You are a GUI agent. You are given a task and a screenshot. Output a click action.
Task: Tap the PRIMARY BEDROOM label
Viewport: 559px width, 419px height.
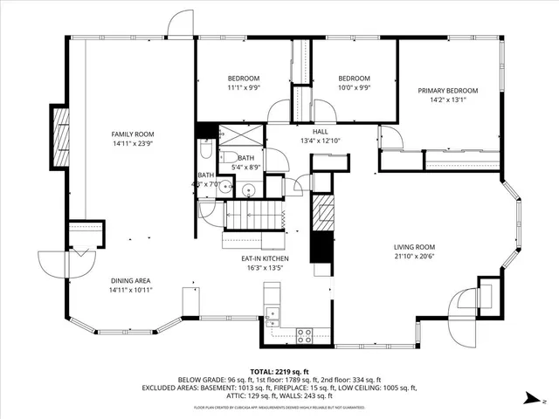pos(448,91)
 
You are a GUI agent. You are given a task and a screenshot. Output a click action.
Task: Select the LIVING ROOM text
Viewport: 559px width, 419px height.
pos(413,247)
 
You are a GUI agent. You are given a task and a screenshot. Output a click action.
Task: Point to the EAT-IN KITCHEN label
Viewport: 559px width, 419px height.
pos(266,259)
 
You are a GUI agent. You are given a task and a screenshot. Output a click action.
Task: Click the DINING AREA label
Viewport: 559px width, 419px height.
pos(131,280)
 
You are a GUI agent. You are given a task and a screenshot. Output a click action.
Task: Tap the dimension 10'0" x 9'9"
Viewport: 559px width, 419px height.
pos(355,87)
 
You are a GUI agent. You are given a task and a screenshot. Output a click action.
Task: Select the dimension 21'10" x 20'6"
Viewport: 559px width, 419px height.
pos(413,257)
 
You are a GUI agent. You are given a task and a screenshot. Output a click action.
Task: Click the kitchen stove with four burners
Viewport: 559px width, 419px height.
pos(307,332)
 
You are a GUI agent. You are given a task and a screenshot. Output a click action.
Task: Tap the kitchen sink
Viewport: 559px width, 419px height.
pos(273,316)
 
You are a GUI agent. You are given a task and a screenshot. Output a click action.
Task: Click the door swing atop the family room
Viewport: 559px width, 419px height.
pos(182,24)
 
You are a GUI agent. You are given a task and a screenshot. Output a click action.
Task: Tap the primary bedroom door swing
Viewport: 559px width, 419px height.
pos(390,137)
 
